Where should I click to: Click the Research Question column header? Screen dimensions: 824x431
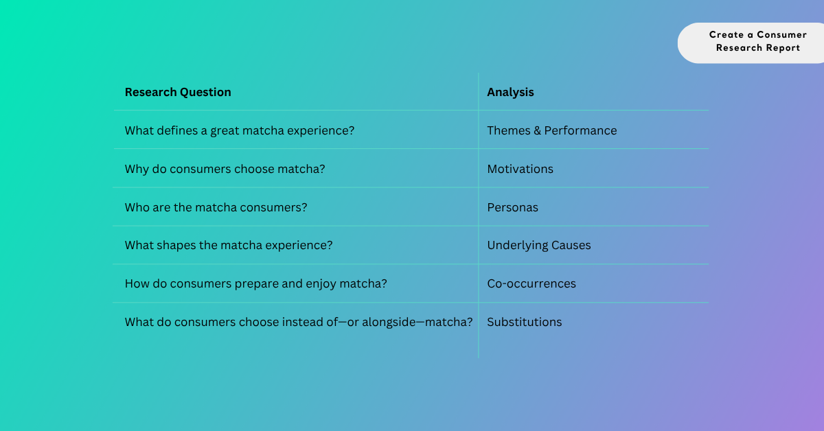pos(178,92)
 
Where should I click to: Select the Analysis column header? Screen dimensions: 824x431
pos(510,92)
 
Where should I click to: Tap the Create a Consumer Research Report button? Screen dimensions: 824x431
pos(751,43)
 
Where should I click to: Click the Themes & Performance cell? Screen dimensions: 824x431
pos(552,130)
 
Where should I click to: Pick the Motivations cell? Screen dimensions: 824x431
pos(520,169)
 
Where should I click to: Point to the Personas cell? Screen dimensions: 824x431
pos(512,207)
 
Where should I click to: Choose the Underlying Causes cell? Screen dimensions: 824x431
pos(539,245)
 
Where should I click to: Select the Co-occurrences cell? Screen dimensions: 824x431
pos(531,283)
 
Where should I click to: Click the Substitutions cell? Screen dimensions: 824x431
pos(525,322)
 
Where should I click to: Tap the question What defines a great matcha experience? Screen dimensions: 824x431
pos(240,131)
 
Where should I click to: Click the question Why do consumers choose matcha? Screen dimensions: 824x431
pos(225,169)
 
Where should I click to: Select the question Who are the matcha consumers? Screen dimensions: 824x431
pos(216,207)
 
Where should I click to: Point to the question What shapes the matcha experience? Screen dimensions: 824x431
pos(229,245)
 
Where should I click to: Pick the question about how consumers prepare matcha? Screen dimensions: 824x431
pos(256,284)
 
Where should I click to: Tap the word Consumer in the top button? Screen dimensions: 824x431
pos(781,34)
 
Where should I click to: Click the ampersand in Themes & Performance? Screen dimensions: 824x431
pos(538,130)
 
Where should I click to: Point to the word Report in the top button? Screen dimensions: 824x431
pos(783,48)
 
